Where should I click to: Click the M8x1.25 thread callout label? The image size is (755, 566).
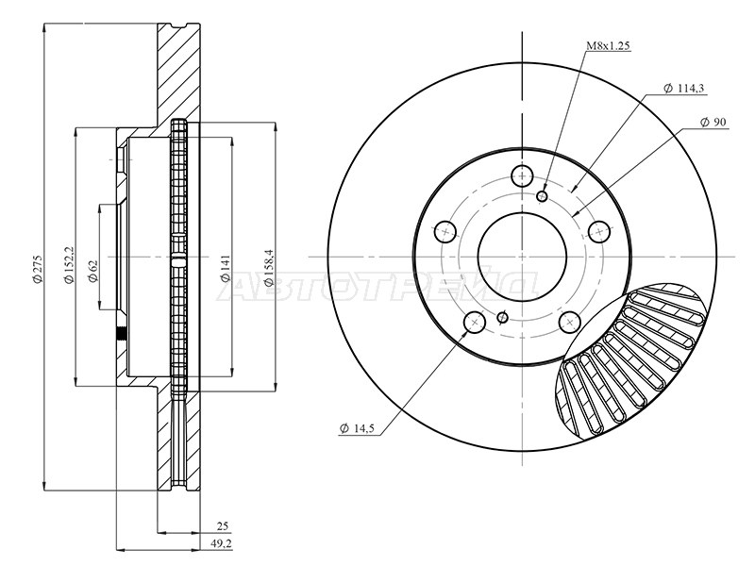608,46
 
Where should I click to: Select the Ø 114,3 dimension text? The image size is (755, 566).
683,89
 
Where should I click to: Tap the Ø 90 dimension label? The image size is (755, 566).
713,123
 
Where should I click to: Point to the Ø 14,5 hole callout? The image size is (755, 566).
357,428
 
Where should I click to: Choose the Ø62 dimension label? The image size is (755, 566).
92,271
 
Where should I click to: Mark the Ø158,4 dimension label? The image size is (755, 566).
268,267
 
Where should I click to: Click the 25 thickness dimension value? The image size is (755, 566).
223,526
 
